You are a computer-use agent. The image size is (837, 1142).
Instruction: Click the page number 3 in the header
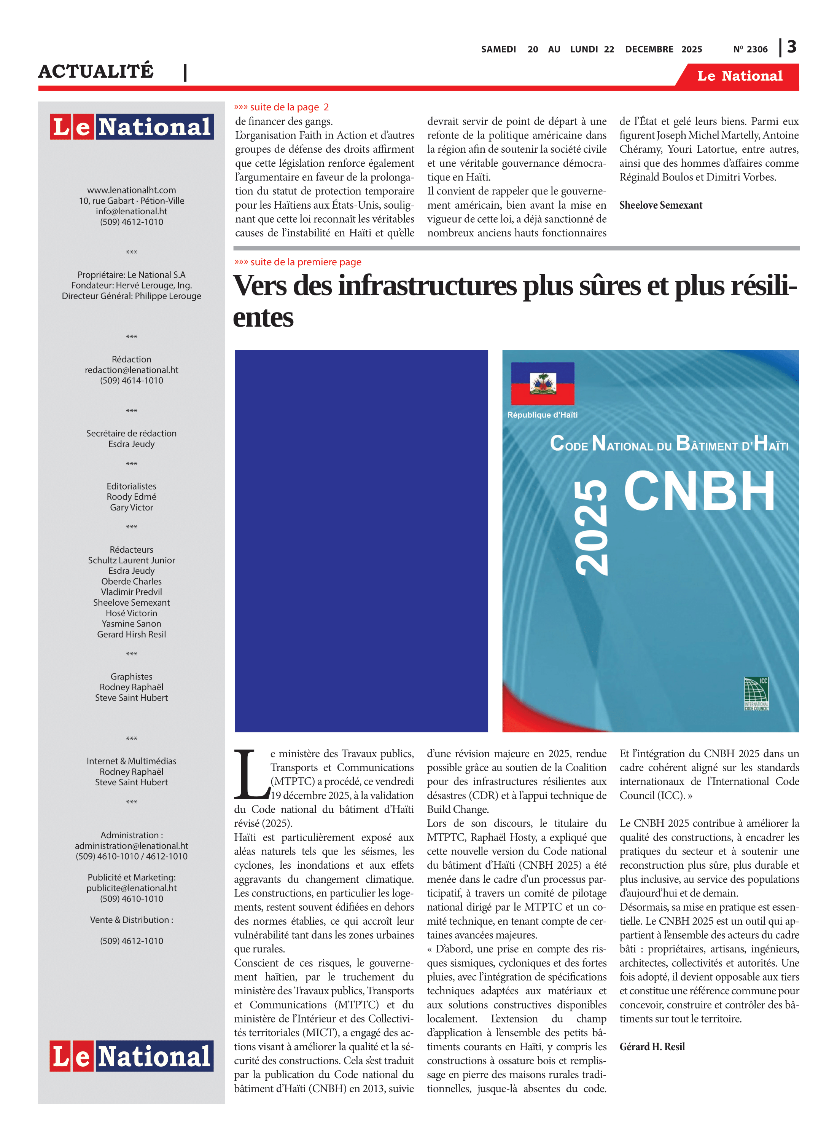[x=792, y=47]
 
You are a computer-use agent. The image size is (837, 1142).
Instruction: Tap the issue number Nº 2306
[x=750, y=49]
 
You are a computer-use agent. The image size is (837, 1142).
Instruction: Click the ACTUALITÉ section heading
[x=96, y=71]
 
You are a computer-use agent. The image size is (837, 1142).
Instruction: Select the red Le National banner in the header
[x=739, y=76]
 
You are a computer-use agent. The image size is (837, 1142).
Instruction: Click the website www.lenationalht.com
[x=131, y=190]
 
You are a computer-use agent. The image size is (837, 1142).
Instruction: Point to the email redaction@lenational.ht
[x=131, y=370]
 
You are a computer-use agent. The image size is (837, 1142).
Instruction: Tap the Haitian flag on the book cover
[x=543, y=383]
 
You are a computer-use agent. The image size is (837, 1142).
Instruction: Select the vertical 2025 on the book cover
[x=591, y=528]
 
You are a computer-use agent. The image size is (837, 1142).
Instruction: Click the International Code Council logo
[x=756, y=694]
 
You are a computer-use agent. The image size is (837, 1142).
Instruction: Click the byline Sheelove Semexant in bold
[x=661, y=205]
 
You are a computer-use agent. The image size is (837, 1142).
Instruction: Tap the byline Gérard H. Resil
[x=652, y=1047]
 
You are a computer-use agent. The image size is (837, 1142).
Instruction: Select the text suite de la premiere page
[x=306, y=262]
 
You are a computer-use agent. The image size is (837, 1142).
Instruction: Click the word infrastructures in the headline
[x=427, y=286]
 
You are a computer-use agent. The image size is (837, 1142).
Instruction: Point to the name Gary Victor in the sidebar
[x=131, y=507]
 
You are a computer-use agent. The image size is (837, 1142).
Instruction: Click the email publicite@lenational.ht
[x=131, y=888]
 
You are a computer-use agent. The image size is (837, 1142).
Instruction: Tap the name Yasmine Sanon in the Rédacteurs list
[x=131, y=624]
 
